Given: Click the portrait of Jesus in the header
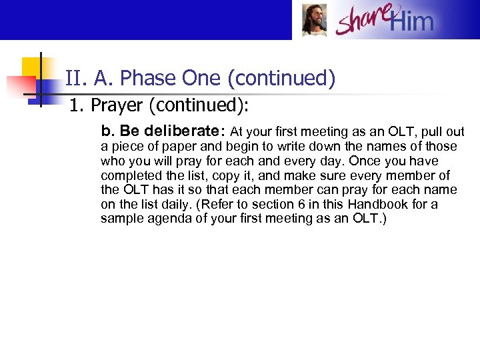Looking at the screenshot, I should [x=314, y=19].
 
